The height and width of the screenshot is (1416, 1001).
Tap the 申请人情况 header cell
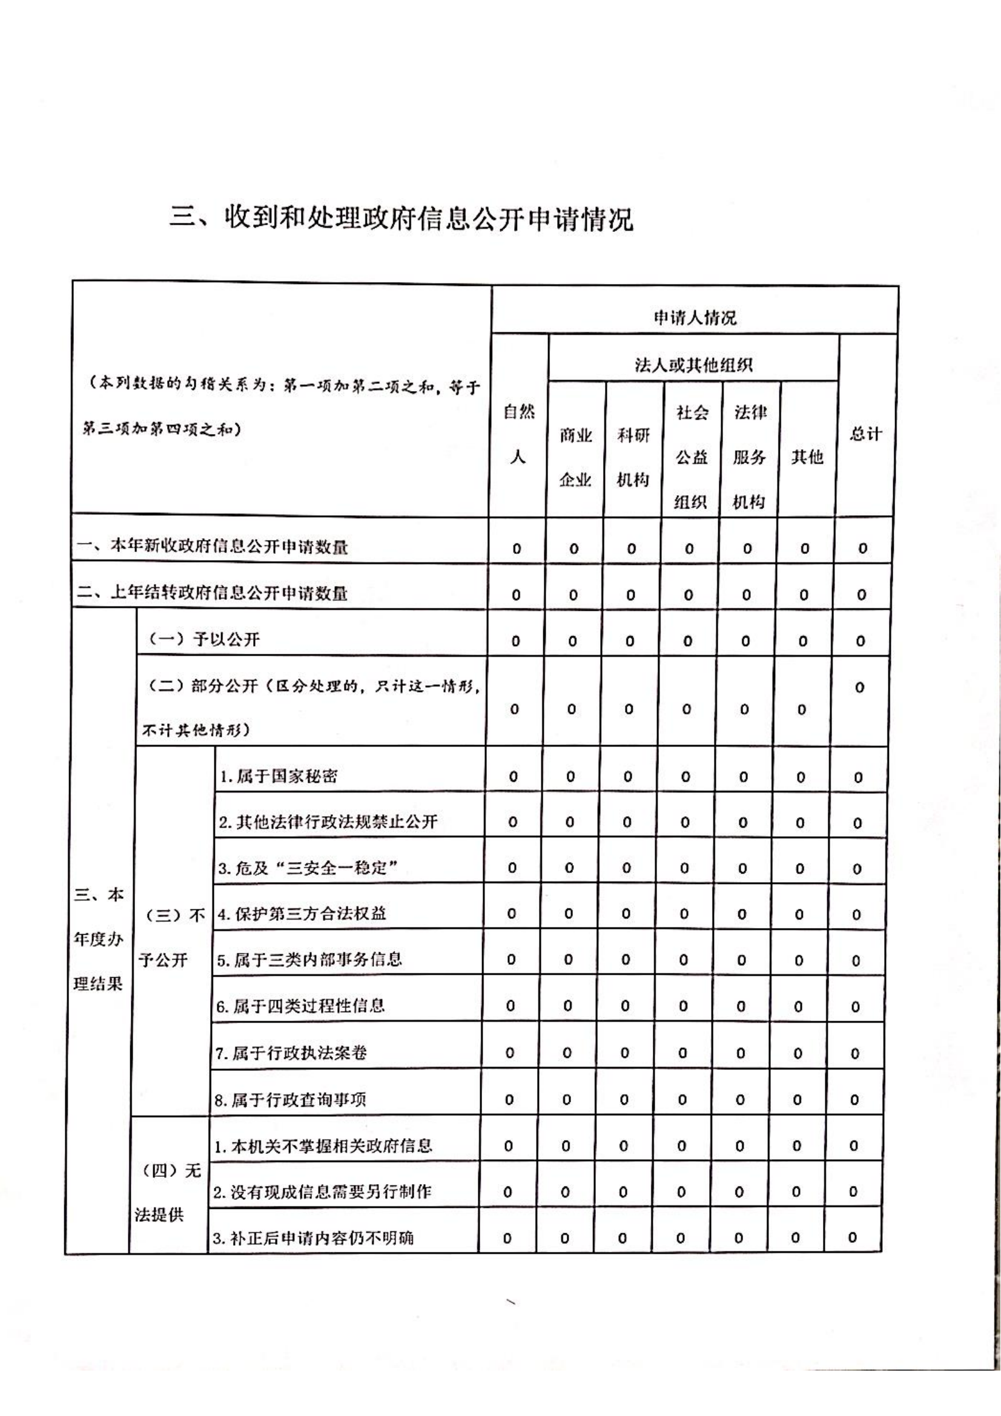pyautogui.click(x=695, y=318)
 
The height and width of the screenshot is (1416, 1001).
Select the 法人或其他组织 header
pyautogui.click(x=693, y=365)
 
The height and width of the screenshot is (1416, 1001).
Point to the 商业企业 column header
pyautogui.click(x=575, y=457)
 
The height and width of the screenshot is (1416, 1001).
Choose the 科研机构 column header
pyautogui.click(x=633, y=457)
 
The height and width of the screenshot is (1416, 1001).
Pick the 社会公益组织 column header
pyautogui.click(x=692, y=457)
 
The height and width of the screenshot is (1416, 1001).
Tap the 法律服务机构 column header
pyautogui.click(x=749, y=457)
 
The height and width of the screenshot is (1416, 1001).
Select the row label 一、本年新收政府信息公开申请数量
pyautogui.click(x=213, y=547)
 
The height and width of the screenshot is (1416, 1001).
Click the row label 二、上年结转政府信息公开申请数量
pyautogui.click(x=213, y=593)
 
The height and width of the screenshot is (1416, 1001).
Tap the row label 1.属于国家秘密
pyautogui.click(x=279, y=776)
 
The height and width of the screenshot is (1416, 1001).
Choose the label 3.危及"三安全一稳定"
pyautogui.click(x=308, y=868)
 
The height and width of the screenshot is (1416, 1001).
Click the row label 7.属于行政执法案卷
pyautogui.click(x=291, y=1052)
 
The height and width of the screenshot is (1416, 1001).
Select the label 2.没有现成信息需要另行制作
pyautogui.click(x=322, y=1191)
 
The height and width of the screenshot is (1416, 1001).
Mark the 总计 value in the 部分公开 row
pyautogui.click(x=860, y=688)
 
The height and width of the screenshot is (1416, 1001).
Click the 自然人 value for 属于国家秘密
pyautogui.click(x=513, y=777)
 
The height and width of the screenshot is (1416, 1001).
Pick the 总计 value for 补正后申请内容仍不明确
pyautogui.click(x=853, y=1237)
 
